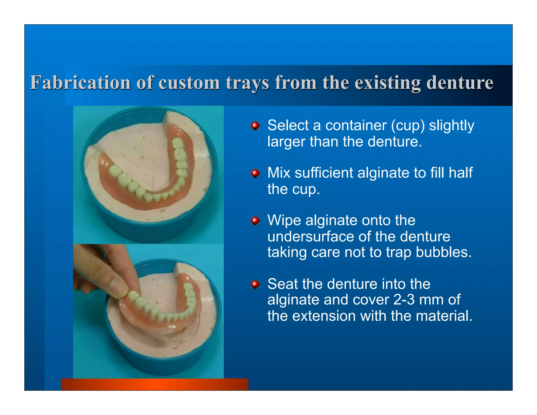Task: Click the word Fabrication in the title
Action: pyautogui.click(x=80, y=83)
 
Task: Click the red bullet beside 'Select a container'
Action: pyautogui.click(x=255, y=126)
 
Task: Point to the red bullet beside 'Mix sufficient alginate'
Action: pyautogui.click(x=255, y=173)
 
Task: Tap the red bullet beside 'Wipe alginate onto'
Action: pyautogui.click(x=255, y=221)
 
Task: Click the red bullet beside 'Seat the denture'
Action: pyautogui.click(x=255, y=284)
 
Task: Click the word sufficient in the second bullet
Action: pyautogui.click(x=324, y=173)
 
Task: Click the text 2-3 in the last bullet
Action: pyautogui.click(x=404, y=300)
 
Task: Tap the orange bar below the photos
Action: pyautogui.click(x=154, y=384)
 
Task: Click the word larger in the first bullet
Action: pyautogui.click(x=286, y=142)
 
